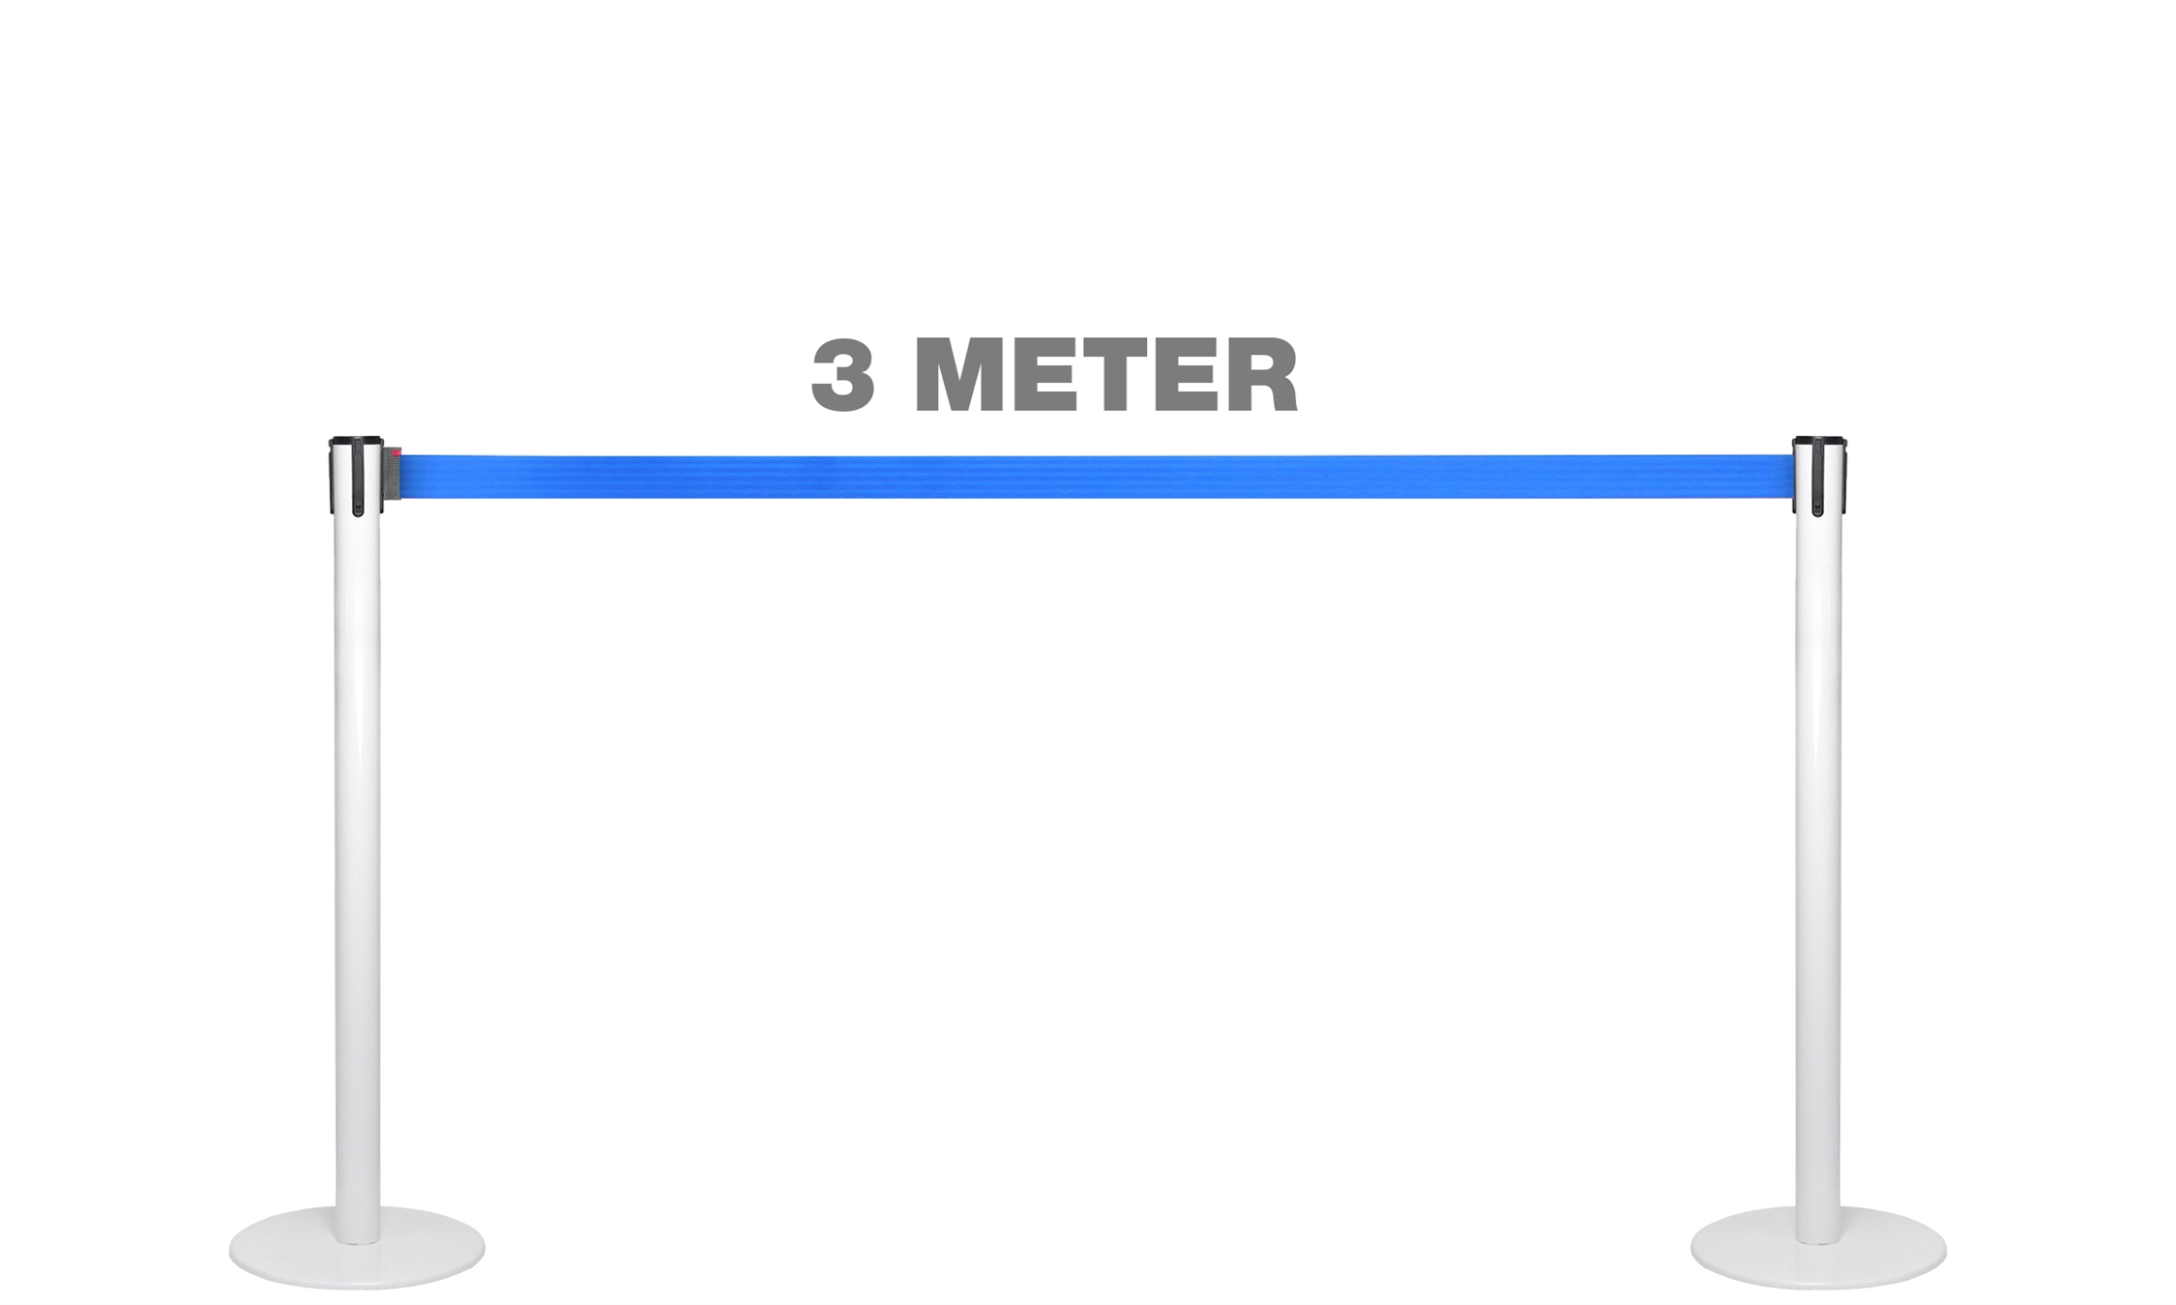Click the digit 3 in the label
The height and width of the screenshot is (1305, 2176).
pos(843,375)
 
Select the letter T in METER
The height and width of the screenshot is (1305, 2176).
pos(1150,375)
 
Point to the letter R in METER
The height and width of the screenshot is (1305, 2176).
pos(1260,375)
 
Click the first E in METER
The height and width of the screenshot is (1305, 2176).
pos(1043,375)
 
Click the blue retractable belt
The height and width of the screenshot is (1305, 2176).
pos(1097,477)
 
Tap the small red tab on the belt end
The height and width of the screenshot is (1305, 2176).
pos(396,452)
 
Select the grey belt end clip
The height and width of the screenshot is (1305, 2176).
pos(392,474)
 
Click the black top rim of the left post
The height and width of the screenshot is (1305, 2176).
pos(356,441)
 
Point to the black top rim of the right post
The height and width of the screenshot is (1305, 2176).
pos(1819,441)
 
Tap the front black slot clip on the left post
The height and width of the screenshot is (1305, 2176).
pos(359,478)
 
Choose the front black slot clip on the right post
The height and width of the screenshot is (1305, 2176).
pos(1817,478)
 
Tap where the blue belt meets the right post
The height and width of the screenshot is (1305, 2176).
pos(1794,477)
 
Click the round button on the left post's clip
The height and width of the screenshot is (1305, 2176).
pos(359,507)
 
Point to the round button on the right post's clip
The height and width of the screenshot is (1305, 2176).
pos(1817,507)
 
